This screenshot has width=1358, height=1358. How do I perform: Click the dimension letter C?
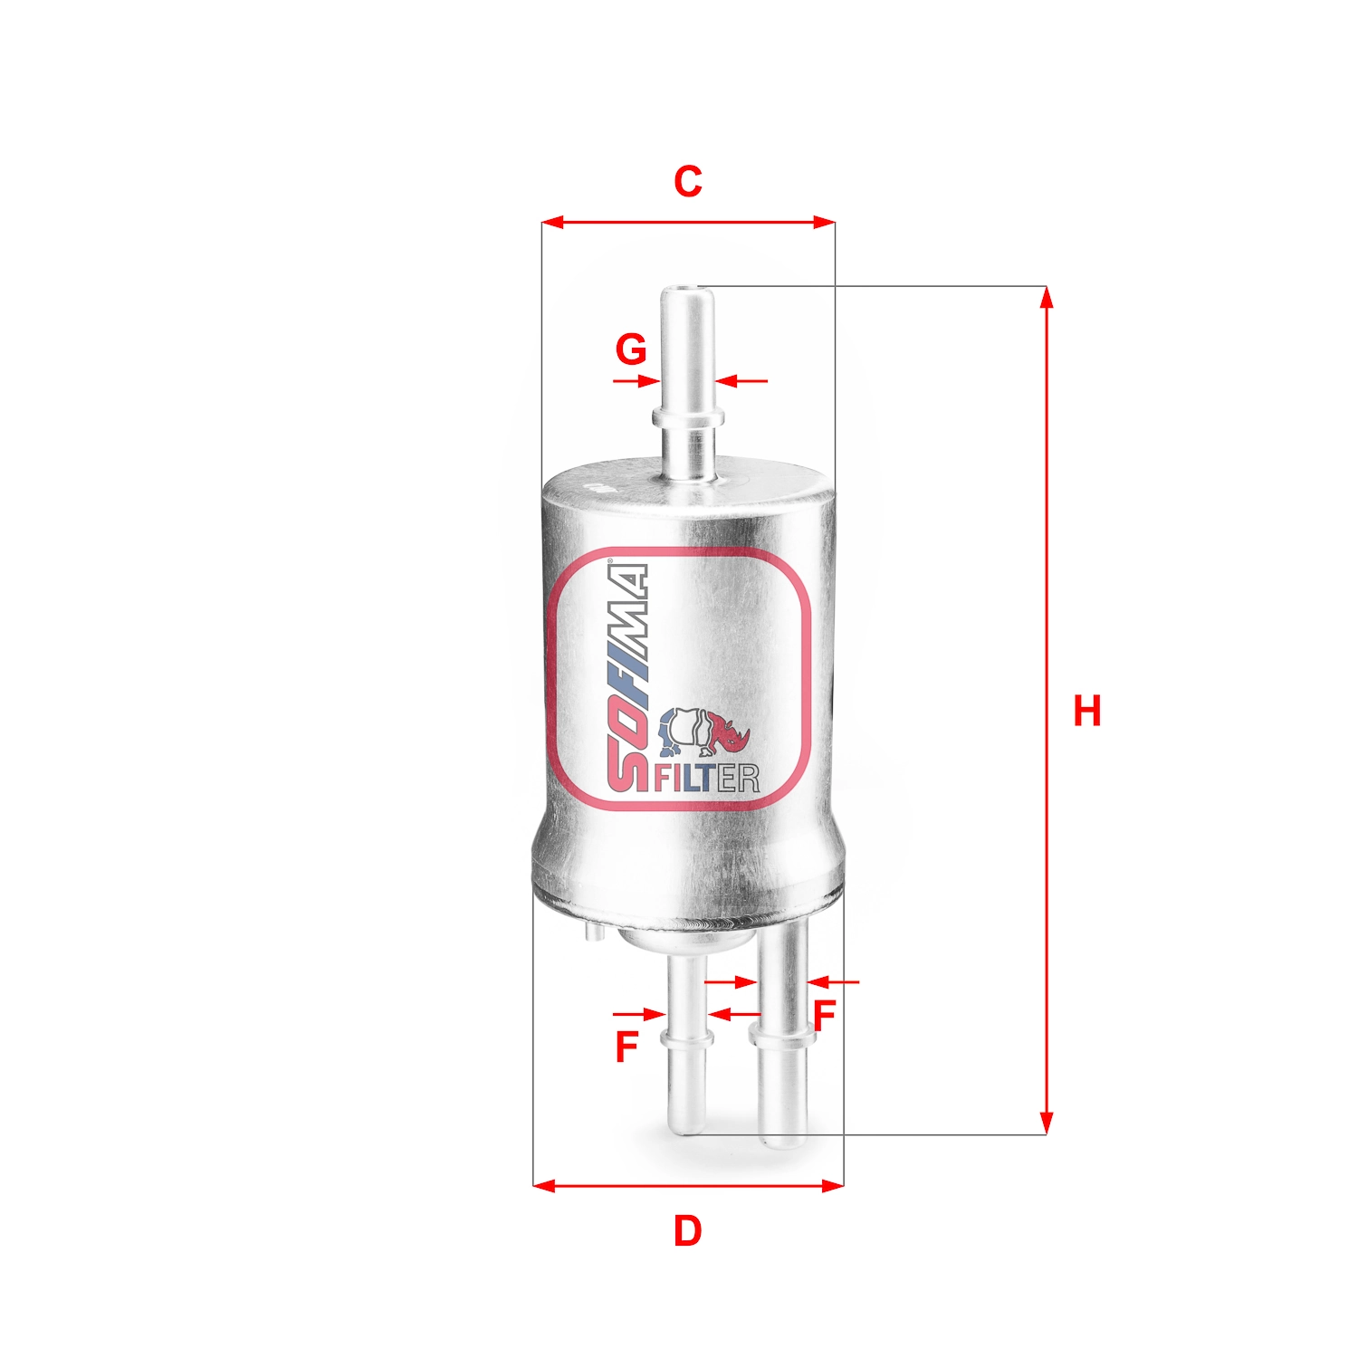pyautogui.click(x=687, y=182)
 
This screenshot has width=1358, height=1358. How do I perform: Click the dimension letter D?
pyautogui.click(x=687, y=1231)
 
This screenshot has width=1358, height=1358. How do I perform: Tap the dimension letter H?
pyautogui.click(x=1086, y=712)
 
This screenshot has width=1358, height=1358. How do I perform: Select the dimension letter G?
pyautogui.click(x=631, y=349)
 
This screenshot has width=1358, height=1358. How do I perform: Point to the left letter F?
pyautogui.click(x=626, y=1047)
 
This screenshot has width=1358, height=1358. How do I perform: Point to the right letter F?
pyautogui.click(x=823, y=1016)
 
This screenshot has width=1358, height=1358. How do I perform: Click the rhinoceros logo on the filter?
pyautogui.click(x=704, y=731)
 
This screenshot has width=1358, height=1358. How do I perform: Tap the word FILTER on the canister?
pyautogui.click(x=706, y=778)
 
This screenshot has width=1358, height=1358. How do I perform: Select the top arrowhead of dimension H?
pyautogui.click(x=1047, y=297)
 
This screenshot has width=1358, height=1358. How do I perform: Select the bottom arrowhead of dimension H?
pyautogui.click(x=1047, y=1124)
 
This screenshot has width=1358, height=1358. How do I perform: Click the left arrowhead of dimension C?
pyautogui.click(x=551, y=222)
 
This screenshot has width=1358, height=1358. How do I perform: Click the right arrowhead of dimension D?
pyautogui.click(x=834, y=1184)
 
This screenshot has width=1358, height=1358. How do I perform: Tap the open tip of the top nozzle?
pyautogui.click(x=685, y=292)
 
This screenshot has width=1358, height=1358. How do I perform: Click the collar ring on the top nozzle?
pyautogui.click(x=688, y=417)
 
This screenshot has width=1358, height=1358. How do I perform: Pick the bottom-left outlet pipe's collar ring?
pyautogui.click(x=687, y=1038)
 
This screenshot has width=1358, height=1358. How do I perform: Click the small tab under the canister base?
pyautogui.click(x=593, y=932)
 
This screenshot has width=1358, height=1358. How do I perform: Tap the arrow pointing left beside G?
pyautogui.click(x=727, y=381)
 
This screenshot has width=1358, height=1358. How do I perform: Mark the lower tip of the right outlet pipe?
pyautogui.click(x=781, y=1143)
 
